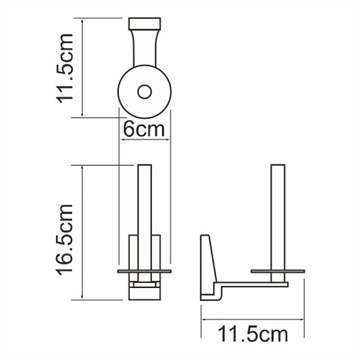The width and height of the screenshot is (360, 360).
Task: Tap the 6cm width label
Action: (144, 129)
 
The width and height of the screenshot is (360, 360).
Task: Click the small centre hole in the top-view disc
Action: (145, 91)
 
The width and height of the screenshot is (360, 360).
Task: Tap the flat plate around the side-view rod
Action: (294, 271)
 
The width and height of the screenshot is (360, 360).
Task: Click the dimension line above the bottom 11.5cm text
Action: (252, 319)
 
